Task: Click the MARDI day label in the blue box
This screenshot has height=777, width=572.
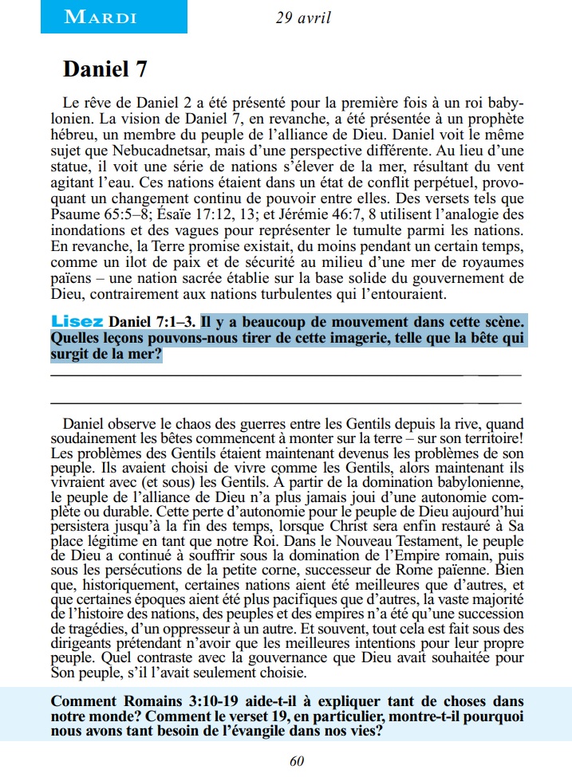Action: (101, 17)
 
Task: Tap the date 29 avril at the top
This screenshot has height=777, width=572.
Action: (304, 17)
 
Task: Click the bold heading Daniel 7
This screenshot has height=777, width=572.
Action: (105, 69)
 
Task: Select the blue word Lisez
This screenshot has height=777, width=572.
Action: (77, 322)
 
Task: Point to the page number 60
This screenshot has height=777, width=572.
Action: (297, 761)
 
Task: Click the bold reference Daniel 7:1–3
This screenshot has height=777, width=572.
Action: (152, 322)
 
